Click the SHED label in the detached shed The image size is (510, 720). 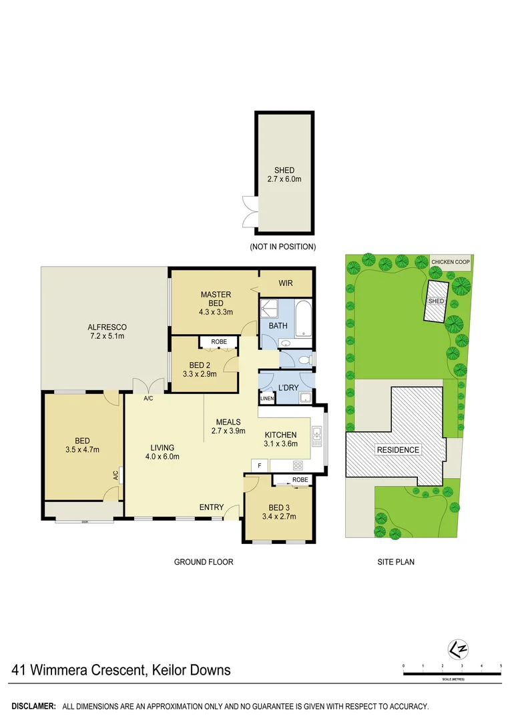coord(284,171)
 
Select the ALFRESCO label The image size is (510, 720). coord(107,327)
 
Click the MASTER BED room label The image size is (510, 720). coord(216,295)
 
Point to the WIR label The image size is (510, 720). coord(286,283)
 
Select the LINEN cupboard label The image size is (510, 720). coord(267,399)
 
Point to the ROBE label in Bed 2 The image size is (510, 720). coord(218,342)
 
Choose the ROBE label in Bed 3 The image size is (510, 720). coord(300,479)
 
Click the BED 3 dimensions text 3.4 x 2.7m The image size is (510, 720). coord(279,516)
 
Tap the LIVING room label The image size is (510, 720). coord(162,447)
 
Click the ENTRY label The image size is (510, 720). coord(212,508)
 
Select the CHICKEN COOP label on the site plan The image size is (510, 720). coord(451,261)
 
